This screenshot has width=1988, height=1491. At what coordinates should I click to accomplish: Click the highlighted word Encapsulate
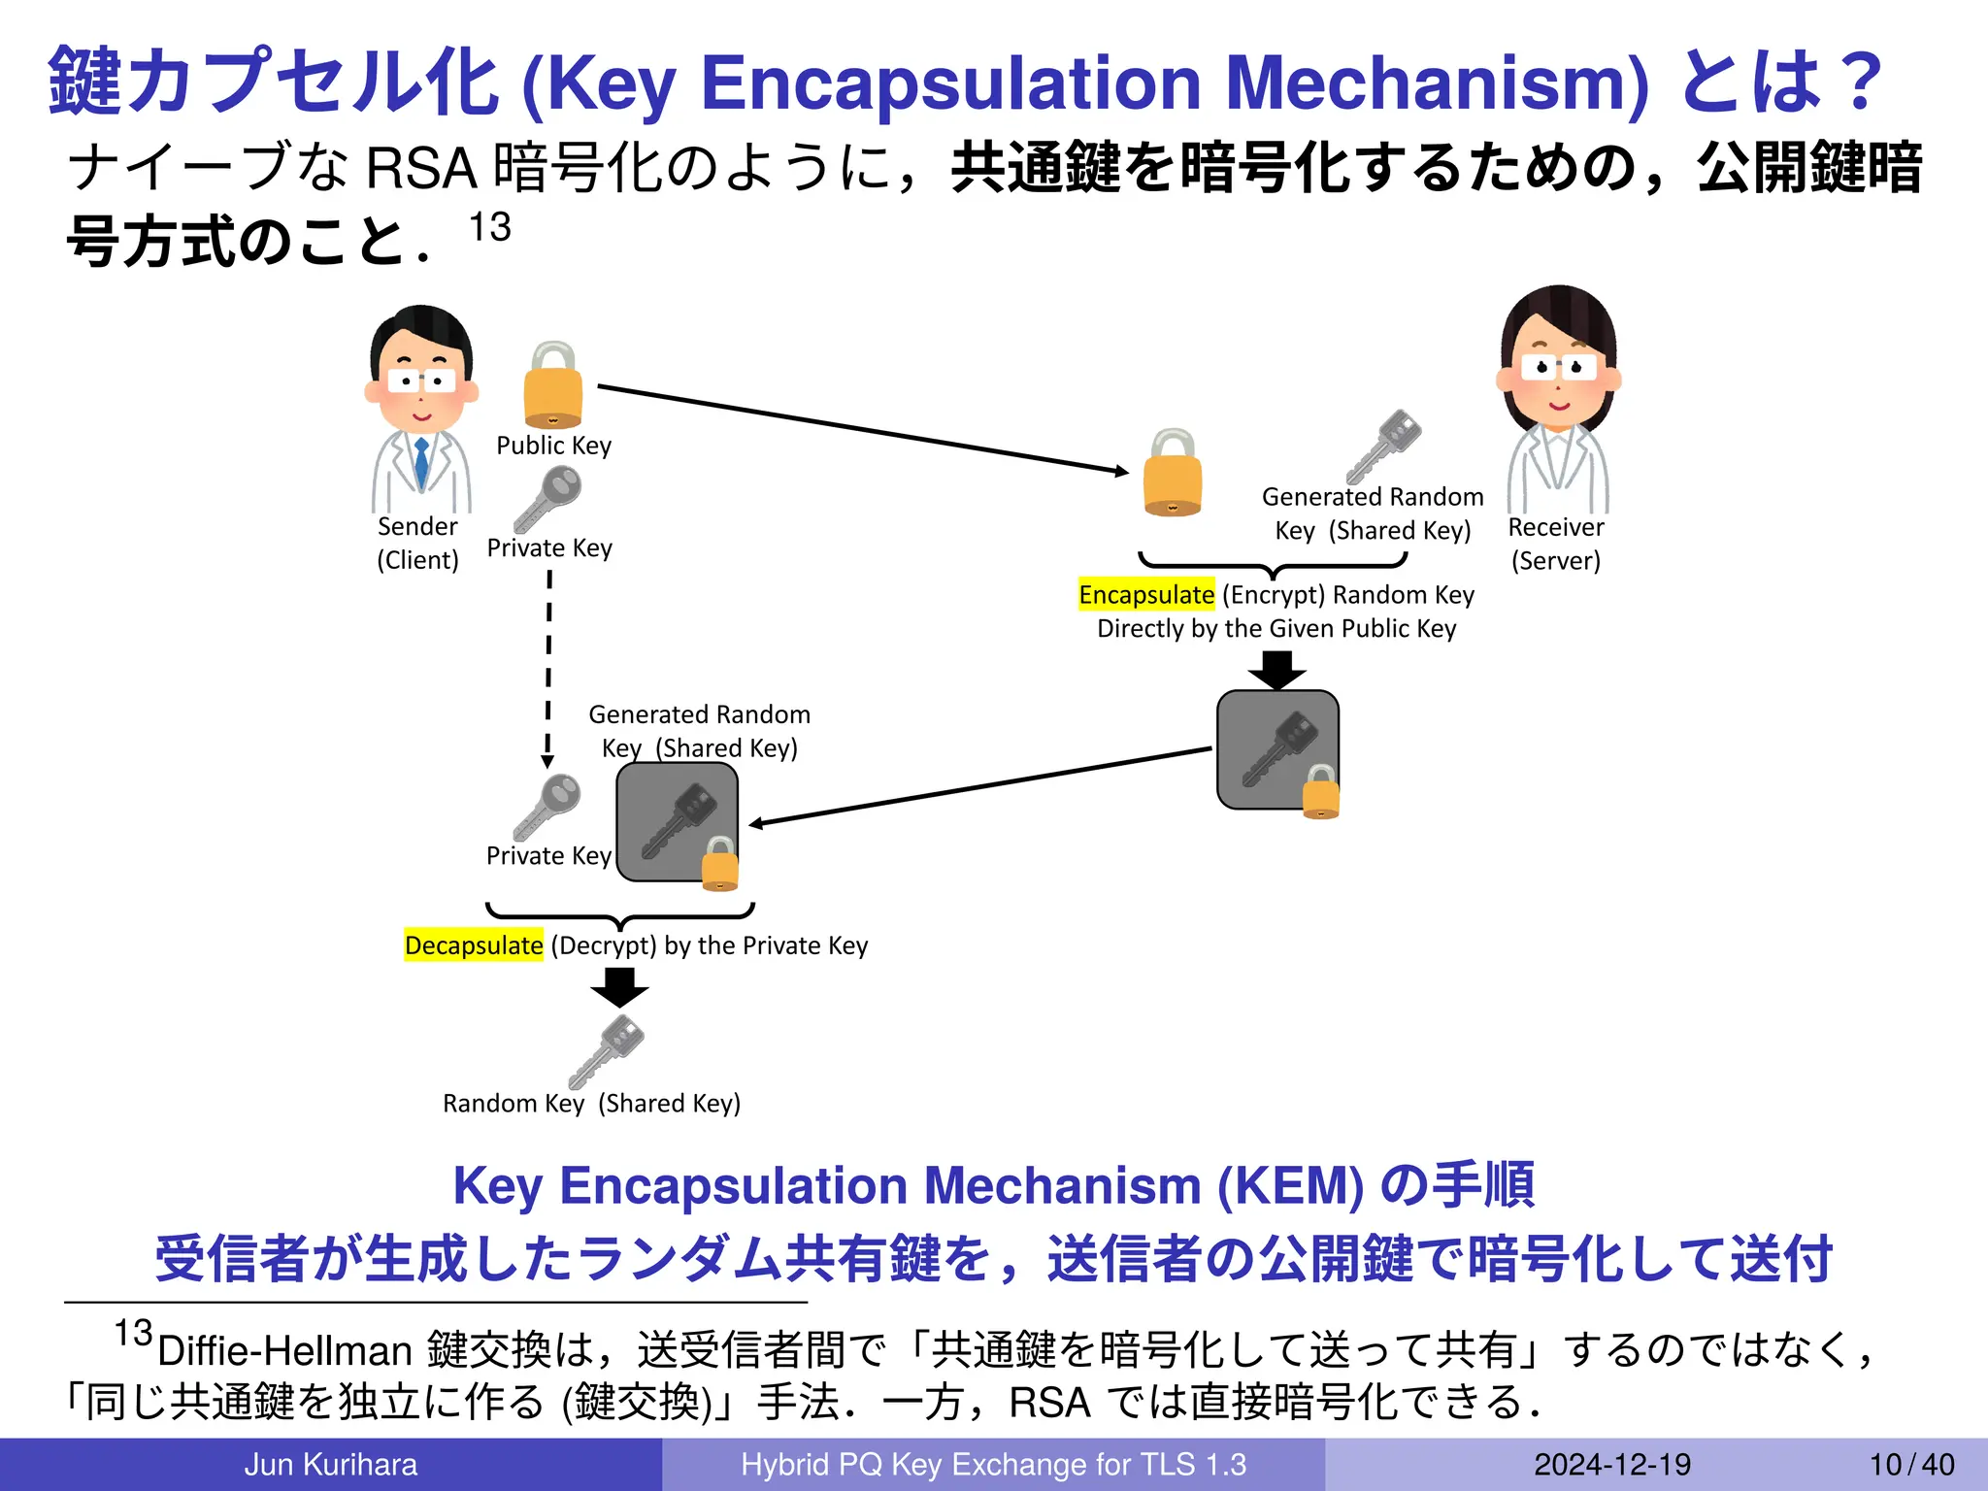click(1145, 594)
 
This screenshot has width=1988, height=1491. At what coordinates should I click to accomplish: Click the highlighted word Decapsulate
click(474, 945)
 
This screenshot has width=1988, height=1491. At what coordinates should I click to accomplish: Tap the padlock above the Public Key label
click(552, 386)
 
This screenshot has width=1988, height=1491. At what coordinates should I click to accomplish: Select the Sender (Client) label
click(417, 543)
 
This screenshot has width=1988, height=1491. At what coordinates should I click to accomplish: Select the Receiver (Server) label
click(1555, 544)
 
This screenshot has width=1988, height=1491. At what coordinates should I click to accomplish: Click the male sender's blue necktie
click(421, 463)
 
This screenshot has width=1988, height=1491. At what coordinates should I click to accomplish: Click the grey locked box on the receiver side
click(1277, 749)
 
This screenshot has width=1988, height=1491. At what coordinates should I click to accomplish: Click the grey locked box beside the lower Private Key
click(678, 822)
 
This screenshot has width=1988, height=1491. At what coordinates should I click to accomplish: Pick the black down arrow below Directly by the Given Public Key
click(1276, 669)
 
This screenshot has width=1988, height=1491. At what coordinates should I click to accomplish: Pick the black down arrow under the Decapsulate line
click(619, 987)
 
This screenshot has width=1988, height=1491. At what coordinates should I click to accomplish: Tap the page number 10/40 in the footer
click(1911, 1464)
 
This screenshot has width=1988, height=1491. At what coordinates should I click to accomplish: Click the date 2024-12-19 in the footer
click(1611, 1464)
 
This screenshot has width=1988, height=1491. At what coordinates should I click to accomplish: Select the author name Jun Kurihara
click(330, 1464)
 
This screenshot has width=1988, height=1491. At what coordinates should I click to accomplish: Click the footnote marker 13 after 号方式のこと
click(489, 227)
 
